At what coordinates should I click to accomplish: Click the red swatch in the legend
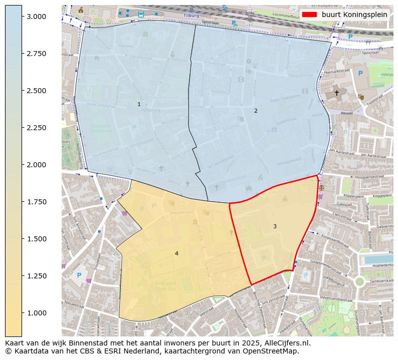pyautogui.click(x=310, y=15)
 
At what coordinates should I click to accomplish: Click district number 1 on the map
pyautogui.click(x=139, y=105)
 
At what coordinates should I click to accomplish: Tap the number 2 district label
pyautogui.click(x=256, y=111)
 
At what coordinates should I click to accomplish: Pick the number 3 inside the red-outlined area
pyautogui.click(x=275, y=227)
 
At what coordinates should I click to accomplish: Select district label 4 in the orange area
pyautogui.click(x=176, y=254)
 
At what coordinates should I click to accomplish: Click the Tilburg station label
pyautogui.click(x=191, y=15)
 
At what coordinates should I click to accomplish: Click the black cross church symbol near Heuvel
pyautogui.click(x=336, y=93)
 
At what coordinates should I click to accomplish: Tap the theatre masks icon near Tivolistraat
pyautogui.click(x=361, y=97)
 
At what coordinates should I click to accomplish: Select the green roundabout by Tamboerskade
pyautogui.click(x=359, y=281)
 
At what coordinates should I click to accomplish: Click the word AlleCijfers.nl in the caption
pyautogui.click(x=286, y=343)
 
